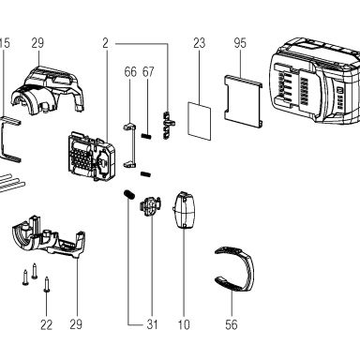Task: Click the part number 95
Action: coord(240,43)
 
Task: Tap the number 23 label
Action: coord(199,43)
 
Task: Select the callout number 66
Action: coord(130,72)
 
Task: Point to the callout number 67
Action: coord(148,72)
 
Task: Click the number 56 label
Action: coord(232,324)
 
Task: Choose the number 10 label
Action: coord(184,324)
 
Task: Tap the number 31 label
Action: coord(152,324)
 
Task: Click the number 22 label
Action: coord(46,324)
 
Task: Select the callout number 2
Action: coord(105,43)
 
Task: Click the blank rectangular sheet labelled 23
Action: coord(200,120)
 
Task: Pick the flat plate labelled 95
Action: coord(243,101)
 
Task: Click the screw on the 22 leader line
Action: coord(47,284)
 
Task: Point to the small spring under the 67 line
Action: coord(146,136)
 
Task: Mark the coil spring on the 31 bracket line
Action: coord(128,194)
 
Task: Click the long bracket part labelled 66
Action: coord(129,145)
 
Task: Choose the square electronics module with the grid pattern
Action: coord(91,156)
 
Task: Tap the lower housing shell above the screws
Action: coord(50,238)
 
